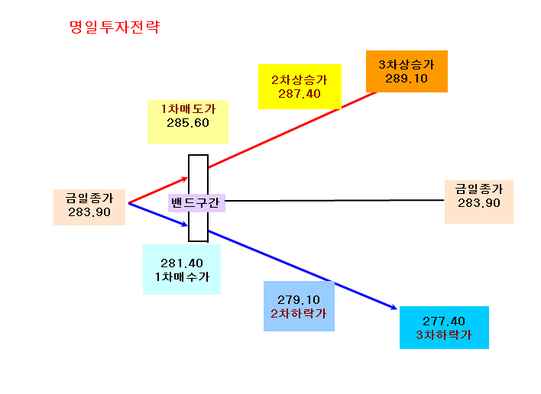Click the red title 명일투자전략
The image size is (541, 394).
(x=115, y=27)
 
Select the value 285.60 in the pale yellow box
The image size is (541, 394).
(x=188, y=123)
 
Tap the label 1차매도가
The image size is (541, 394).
(x=188, y=109)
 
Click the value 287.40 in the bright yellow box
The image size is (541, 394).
(x=300, y=94)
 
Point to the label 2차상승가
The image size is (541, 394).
(x=300, y=80)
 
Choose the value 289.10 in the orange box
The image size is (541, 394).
(x=407, y=79)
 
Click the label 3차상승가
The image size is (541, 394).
(x=407, y=65)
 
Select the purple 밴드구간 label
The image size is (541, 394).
(x=196, y=202)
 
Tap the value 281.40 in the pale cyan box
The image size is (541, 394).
(x=182, y=263)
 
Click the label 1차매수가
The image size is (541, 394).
(x=182, y=277)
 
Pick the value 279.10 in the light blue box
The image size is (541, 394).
(x=299, y=300)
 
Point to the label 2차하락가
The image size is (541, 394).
(x=299, y=314)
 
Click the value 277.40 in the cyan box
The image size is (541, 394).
(x=444, y=321)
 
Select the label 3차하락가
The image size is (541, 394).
(x=444, y=335)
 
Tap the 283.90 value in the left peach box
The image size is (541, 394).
(x=89, y=212)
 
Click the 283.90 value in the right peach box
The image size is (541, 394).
(x=479, y=203)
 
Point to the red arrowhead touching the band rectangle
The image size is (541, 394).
(x=185, y=179)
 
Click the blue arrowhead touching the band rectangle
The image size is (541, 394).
(x=185, y=224)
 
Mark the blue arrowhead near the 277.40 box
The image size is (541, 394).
(x=394, y=307)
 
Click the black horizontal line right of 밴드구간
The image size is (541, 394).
(x=335, y=200)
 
